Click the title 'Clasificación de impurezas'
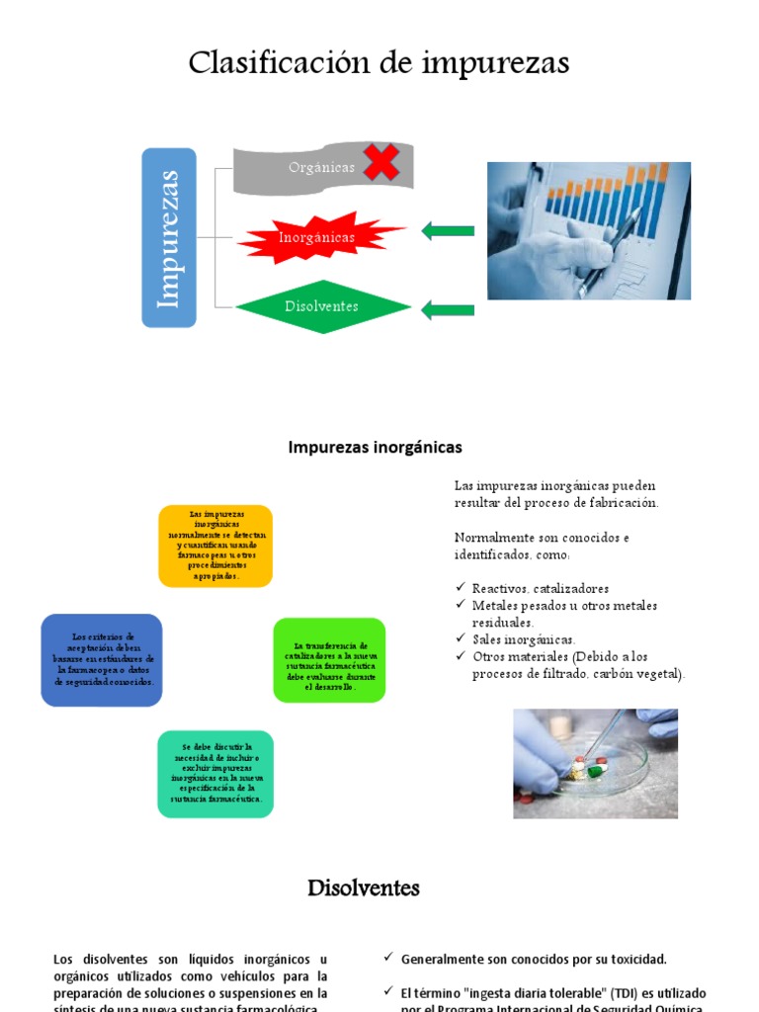click(x=379, y=63)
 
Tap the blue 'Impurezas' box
click(x=169, y=237)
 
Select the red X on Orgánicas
click(x=380, y=162)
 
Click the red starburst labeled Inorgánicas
click(x=316, y=237)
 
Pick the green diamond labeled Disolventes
click(x=322, y=306)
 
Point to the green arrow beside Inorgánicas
click(x=448, y=231)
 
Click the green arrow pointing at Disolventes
click(x=448, y=310)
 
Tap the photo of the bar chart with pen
click(x=589, y=230)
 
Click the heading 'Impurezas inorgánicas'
click(x=375, y=447)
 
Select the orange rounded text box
click(x=215, y=546)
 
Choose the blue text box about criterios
click(x=102, y=659)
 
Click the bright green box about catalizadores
click(x=329, y=660)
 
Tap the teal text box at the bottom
click(x=215, y=773)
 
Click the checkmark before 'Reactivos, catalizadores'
click(x=460, y=588)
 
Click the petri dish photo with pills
click(x=595, y=763)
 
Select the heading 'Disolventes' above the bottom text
click(x=364, y=887)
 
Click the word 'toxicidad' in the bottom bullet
click(x=633, y=959)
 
